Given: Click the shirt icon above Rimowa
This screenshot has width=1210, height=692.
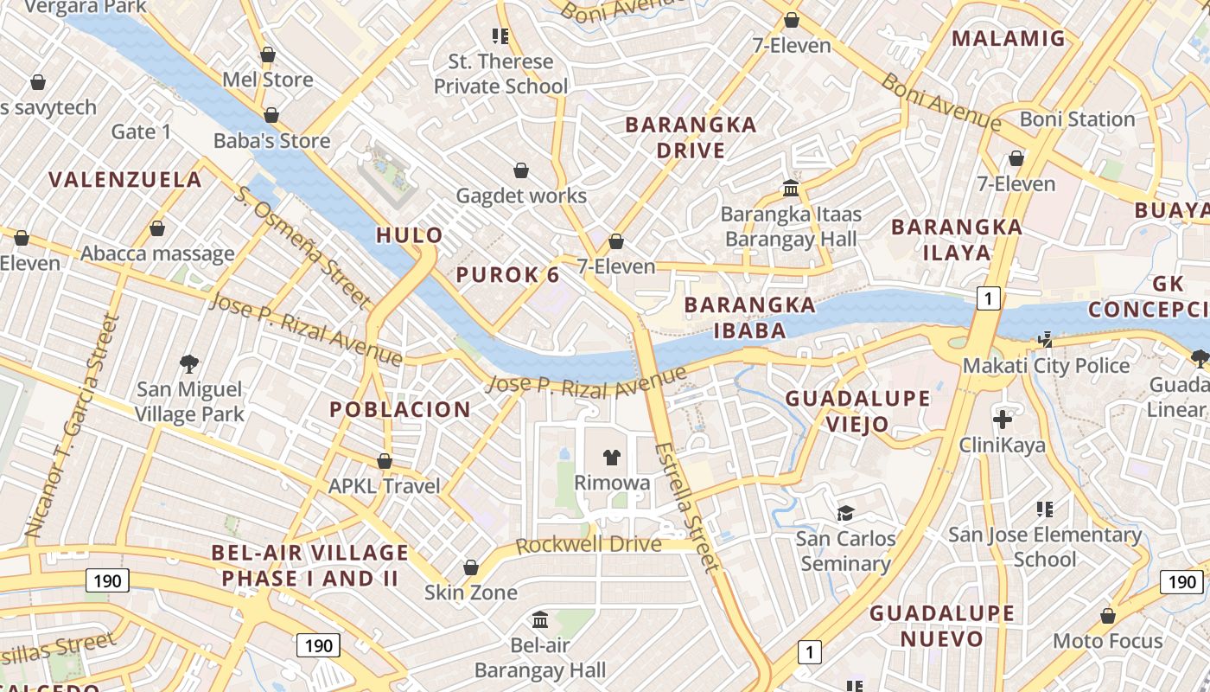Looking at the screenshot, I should pyautogui.click(x=612, y=457).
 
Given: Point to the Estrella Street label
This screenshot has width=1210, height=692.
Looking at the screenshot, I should pyautogui.click(x=687, y=507).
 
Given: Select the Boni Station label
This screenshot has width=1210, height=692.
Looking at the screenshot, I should pyautogui.click(x=1077, y=119).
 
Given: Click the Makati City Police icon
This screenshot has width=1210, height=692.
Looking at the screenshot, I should pyautogui.click(x=1046, y=339).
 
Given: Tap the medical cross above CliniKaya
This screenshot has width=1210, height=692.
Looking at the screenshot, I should pyautogui.click(x=1003, y=420).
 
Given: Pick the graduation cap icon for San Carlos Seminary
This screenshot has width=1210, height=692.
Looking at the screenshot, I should pyautogui.click(x=845, y=513).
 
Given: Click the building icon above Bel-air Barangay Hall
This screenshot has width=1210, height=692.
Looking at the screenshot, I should pyautogui.click(x=541, y=619).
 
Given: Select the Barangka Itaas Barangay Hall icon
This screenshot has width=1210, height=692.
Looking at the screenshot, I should pyautogui.click(x=790, y=188).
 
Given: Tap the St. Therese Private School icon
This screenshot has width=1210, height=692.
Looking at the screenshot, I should pyautogui.click(x=500, y=36).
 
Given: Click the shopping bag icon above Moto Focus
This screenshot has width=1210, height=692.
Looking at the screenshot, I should pyautogui.click(x=1107, y=616).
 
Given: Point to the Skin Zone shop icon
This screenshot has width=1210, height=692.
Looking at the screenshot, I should pyautogui.click(x=471, y=567).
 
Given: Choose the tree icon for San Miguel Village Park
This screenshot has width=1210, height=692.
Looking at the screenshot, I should pyautogui.click(x=189, y=363).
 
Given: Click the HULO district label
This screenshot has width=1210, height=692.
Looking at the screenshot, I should pyautogui.click(x=410, y=235).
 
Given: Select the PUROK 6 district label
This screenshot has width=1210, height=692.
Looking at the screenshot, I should pyautogui.click(x=507, y=275).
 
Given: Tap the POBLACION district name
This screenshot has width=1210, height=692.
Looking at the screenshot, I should pyautogui.click(x=400, y=409).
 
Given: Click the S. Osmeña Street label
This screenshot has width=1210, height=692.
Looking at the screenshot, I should pyautogui.click(x=302, y=247).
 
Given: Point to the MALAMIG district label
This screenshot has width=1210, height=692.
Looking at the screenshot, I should pyautogui.click(x=1009, y=38).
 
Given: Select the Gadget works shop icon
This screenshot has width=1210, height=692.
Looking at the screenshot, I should pyautogui.click(x=521, y=170).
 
